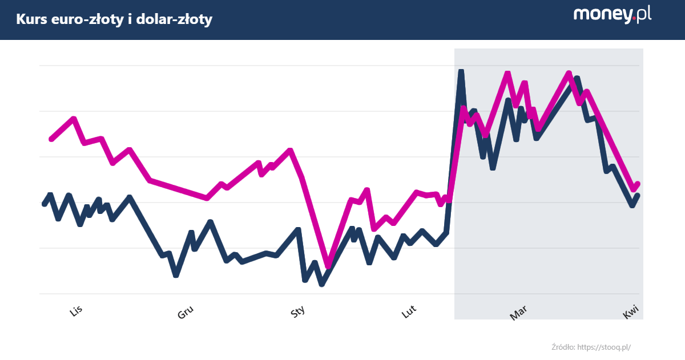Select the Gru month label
click(x=186, y=312)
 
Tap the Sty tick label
click(x=298, y=312)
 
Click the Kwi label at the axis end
click(x=630, y=312)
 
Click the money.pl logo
click(x=613, y=15)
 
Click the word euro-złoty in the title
click(x=86, y=20)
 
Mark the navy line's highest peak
click(x=461, y=71)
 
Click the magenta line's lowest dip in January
click(x=328, y=266)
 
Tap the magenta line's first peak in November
click(x=74, y=119)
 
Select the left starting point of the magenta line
click(x=51, y=139)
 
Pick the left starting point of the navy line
click(x=44, y=204)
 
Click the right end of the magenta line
click(x=638, y=184)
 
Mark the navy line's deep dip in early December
click(x=176, y=275)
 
